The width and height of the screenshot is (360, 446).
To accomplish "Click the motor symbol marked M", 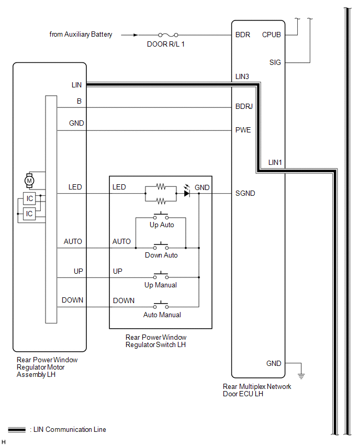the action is click(x=29, y=181).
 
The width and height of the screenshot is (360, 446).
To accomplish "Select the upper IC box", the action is click(x=29, y=198).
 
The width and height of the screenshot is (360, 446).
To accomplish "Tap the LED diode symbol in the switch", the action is click(x=187, y=193).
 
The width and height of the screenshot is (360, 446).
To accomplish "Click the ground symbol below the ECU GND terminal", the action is click(x=301, y=376).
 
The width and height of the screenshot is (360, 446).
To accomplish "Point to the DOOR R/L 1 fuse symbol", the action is click(x=168, y=35).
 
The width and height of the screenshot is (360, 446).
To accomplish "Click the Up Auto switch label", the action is click(x=162, y=225).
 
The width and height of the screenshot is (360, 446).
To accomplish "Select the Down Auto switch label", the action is click(x=161, y=255).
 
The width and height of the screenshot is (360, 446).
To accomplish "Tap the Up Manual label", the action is click(x=161, y=285).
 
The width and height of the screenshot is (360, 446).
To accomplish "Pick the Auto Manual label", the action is click(x=162, y=315).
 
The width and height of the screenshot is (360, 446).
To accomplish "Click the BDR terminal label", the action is click(x=243, y=35).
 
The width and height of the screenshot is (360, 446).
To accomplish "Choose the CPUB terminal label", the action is click(x=271, y=35).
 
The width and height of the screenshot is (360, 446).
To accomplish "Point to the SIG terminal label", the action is click(x=275, y=62).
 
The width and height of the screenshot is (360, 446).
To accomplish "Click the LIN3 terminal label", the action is click(x=242, y=76).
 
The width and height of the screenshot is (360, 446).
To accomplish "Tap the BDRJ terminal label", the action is click(x=244, y=106).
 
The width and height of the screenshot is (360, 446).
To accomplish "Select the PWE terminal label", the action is click(x=243, y=130).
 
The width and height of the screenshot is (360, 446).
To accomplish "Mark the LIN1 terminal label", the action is click(x=275, y=162).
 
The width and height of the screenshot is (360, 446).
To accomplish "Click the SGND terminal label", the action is click(x=245, y=193).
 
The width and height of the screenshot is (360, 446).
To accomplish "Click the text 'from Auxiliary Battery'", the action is click(x=81, y=35).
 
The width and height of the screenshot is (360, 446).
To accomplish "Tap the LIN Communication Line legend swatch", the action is click(x=17, y=429).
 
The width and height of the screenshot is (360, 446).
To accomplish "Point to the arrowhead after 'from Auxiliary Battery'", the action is click(x=136, y=35).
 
